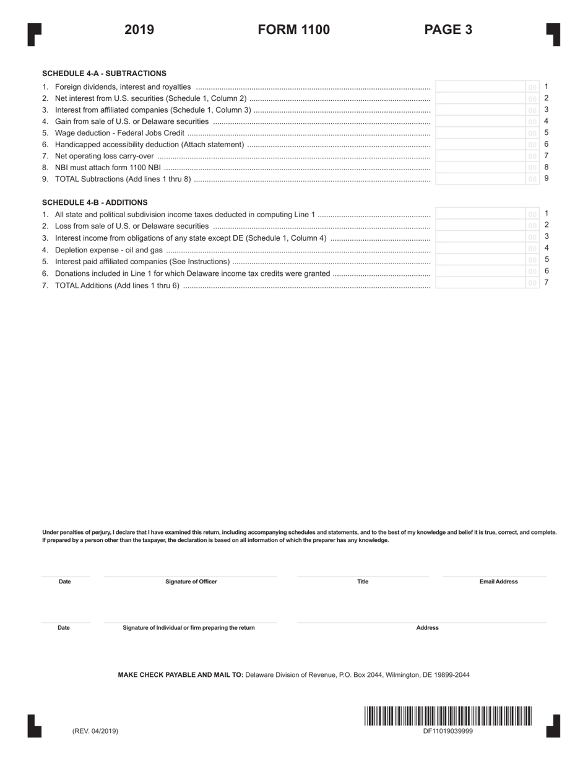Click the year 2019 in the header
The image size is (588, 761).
point(139,30)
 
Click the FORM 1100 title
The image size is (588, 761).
point(293,30)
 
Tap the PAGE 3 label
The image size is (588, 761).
point(448,30)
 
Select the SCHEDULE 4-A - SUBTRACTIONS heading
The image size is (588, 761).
point(104,73)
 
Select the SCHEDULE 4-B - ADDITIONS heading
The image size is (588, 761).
point(95,202)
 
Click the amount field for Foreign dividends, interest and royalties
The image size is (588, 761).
point(480,87)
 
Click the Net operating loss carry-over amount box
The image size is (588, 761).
point(480,156)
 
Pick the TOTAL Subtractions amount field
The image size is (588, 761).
point(480,179)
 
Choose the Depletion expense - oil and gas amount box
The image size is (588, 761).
point(480,249)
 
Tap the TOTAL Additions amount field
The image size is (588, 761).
point(480,283)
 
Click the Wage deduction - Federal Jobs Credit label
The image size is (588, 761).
point(119,133)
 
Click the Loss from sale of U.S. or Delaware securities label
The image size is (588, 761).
point(132,226)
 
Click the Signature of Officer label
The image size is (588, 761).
point(191,582)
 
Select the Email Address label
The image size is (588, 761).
point(498,582)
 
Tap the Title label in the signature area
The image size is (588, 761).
point(363,582)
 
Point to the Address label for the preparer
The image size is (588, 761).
point(427,627)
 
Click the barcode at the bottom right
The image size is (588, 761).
point(448,716)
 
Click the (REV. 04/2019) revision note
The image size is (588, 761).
point(95,731)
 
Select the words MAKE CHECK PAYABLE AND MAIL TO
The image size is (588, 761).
point(181,675)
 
